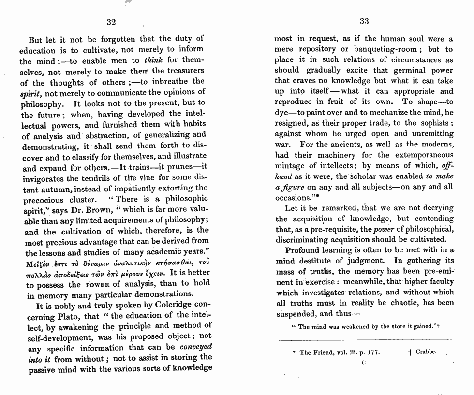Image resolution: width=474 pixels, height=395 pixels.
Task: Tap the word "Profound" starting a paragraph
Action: (x=302, y=250)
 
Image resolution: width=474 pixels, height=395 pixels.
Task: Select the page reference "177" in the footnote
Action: (x=371, y=352)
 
